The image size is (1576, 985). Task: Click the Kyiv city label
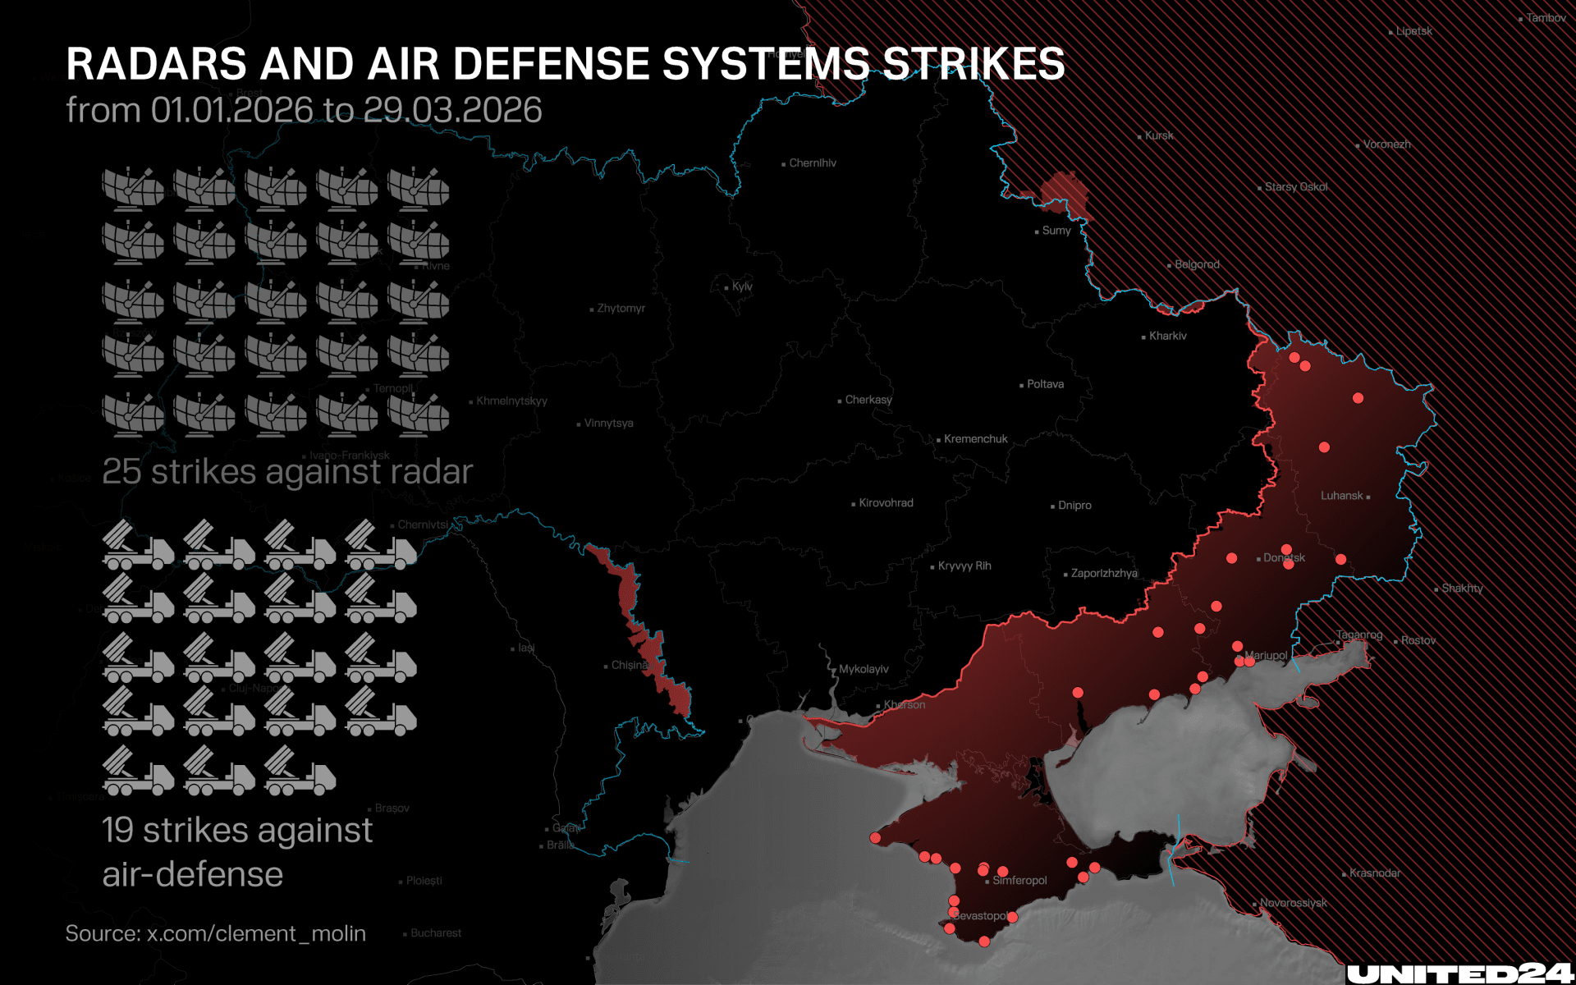click(x=741, y=286)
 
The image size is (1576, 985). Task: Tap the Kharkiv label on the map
click(x=1167, y=336)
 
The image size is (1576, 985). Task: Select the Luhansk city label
click(x=1342, y=496)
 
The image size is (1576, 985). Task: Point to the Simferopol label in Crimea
click(x=1019, y=881)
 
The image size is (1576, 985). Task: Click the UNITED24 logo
click(x=1459, y=973)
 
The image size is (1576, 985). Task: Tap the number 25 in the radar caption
click(x=121, y=472)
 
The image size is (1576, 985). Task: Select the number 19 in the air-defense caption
click(x=117, y=830)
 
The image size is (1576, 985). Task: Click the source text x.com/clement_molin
click(x=256, y=934)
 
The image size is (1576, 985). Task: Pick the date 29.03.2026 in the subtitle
click(x=452, y=110)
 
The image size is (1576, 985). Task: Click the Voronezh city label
click(x=1386, y=144)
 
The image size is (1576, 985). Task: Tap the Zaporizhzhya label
click(x=1104, y=573)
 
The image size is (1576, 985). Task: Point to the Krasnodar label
click(x=1375, y=873)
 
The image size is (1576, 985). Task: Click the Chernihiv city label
click(x=813, y=163)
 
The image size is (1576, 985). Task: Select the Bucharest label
click(x=436, y=933)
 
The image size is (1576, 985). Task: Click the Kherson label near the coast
click(x=905, y=705)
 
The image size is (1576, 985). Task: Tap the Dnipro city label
click(x=1074, y=506)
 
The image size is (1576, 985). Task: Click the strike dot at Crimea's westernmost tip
click(x=875, y=838)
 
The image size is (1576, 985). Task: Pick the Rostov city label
click(x=1418, y=641)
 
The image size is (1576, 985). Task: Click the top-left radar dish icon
click(x=133, y=189)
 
